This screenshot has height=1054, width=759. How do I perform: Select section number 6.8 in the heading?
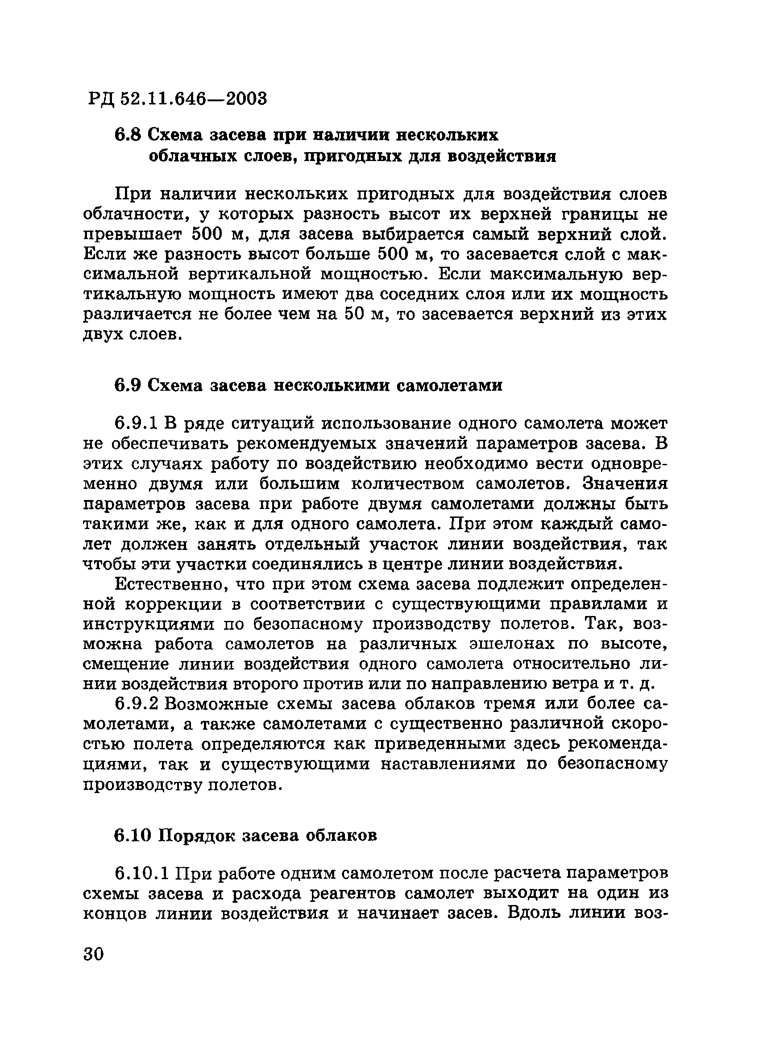pyautogui.click(x=127, y=136)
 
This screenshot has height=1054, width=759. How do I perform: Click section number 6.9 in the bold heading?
pyautogui.click(x=127, y=386)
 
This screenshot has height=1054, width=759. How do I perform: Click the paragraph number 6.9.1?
pyautogui.click(x=137, y=424)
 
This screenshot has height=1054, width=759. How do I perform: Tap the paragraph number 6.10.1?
pyautogui.click(x=143, y=874)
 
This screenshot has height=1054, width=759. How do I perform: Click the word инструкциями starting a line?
pyautogui.click(x=148, y=624)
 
